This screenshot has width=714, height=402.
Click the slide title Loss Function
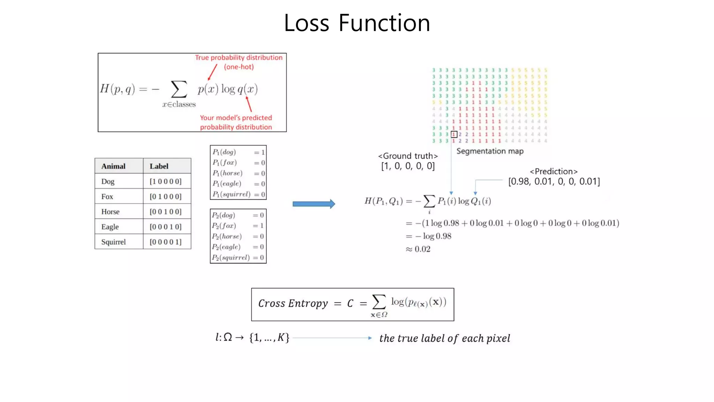tap(357, 23)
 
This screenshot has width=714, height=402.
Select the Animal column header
tap(113, 166)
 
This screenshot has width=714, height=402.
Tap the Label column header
tap(159, 166)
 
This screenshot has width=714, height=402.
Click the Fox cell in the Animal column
tap(107, 196)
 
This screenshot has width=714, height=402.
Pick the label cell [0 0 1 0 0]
tap(166, 211)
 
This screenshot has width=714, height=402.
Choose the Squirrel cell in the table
tap(113, 242)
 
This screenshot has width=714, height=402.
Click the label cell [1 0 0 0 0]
tap(166, 181)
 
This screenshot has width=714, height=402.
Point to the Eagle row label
tap(110, 227)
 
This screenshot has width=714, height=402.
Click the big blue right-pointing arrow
tap(314, 204)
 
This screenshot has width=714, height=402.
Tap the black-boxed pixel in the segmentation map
tap(454, 134)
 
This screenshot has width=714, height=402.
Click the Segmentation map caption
tap(490, 151)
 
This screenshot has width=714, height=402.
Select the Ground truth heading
tap(408, 156)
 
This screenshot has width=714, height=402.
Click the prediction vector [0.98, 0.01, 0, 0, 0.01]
tap(554, 181)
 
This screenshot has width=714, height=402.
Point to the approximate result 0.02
tap(422, 249)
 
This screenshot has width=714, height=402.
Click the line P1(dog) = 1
tap(238, 152)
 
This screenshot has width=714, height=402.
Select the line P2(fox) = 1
tap(238, 226)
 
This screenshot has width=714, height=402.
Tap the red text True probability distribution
tap(238, 58)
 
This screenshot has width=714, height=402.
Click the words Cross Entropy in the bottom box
tap(293, 304)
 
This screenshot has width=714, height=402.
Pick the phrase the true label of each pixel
tap(445, 338)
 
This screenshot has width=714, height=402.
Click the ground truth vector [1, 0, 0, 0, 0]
tap(408, 166)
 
